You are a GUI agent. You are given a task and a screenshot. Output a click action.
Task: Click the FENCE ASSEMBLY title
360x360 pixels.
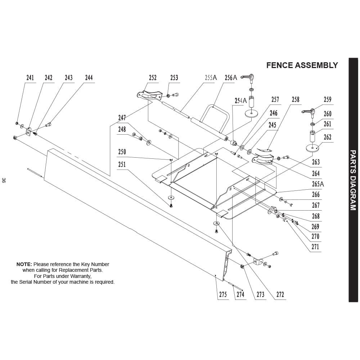tap(302, 66)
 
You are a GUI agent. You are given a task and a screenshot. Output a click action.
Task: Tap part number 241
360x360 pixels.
tap(30, 78)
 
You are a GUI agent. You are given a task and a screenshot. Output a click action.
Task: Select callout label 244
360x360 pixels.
tap(89, 78)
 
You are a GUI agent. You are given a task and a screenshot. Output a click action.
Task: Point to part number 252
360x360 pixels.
tap(153, 78)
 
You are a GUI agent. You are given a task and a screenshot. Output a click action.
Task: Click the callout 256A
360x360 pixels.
tap(231, 78)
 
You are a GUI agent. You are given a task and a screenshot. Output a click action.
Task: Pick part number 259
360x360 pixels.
tap(328, 99)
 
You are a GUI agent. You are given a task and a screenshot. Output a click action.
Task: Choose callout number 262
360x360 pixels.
tap(328, 137)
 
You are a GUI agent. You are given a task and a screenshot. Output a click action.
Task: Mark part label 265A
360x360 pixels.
tap(318, 184)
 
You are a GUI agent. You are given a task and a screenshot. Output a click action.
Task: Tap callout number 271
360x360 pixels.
tap(315, 247)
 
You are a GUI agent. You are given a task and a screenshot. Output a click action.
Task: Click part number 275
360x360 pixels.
tap(223, 294)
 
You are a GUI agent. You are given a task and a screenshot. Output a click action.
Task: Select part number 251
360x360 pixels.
tap(122, 165)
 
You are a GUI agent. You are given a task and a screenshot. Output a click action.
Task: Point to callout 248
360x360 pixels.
tap(122, 129)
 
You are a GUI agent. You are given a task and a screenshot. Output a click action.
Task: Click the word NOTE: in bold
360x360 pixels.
tap(24, 264)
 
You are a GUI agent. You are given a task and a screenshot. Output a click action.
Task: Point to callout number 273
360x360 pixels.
tap(260, 294)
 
